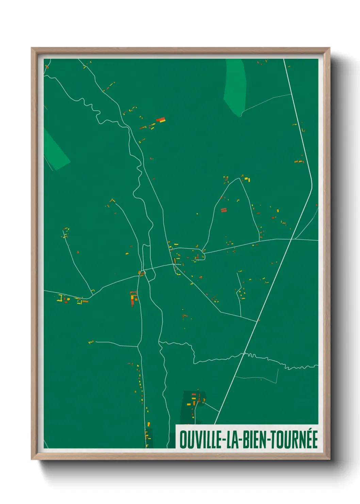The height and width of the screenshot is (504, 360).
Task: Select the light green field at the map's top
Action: (235, 87)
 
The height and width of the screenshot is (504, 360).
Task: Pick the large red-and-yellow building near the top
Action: (161, 120)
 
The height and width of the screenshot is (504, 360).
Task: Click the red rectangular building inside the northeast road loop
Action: (224, 210)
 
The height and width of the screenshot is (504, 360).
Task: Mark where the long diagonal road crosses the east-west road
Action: (292, 239)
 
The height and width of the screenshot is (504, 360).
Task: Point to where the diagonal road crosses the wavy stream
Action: (243, 354)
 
